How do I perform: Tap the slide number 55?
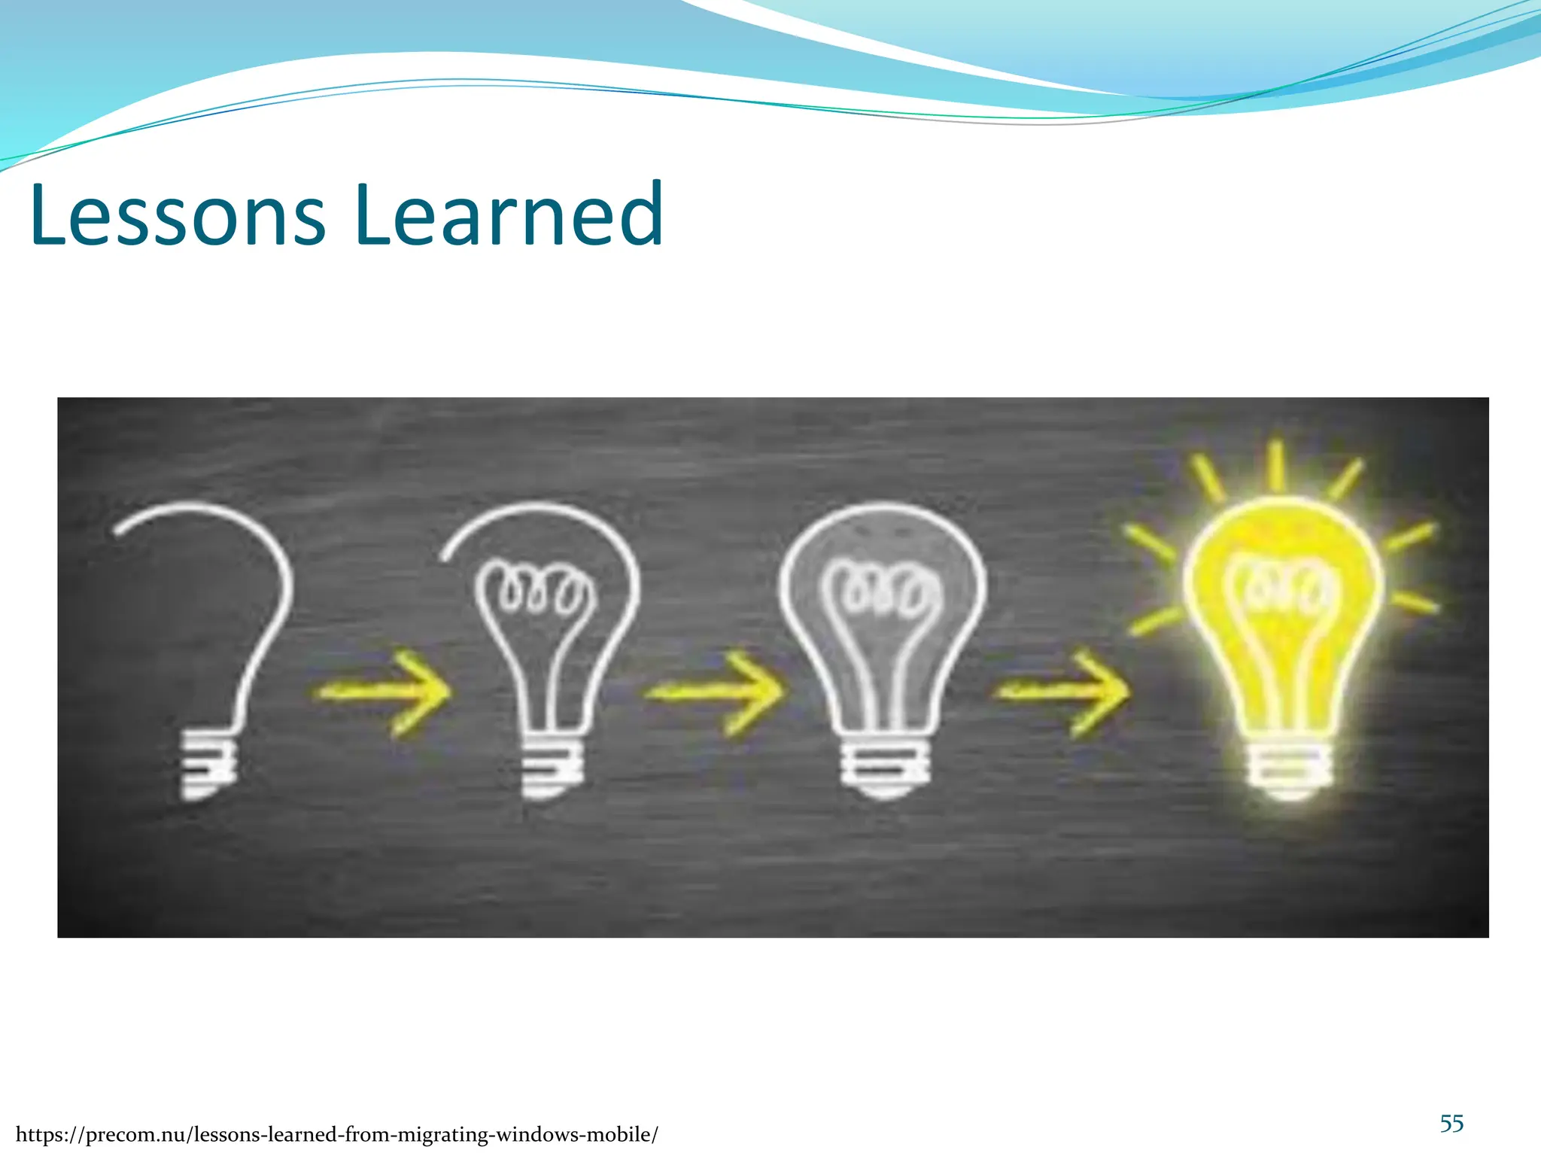click(1451, 1124)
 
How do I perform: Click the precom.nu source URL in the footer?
click(336, 1134)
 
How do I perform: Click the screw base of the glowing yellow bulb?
click(1288, 768)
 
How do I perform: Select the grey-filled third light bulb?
click(883, 640)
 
